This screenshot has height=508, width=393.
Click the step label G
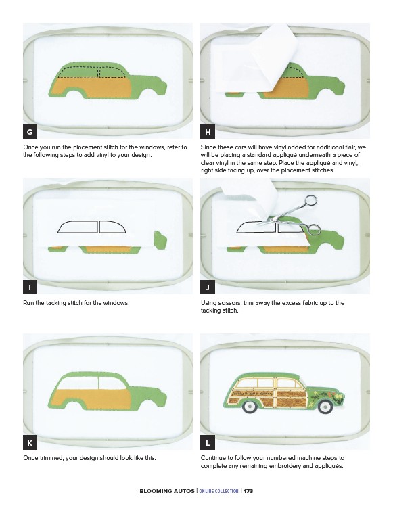(x=30, y=131)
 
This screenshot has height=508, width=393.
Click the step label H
(x=208, y=131)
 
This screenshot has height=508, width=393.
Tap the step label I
(x=30, y=287)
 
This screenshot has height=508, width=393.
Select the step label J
(x=208, y=287)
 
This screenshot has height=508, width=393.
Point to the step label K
(x=30, y=442)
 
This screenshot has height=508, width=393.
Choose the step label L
(x=208, y=442)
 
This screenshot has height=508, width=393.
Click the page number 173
(x=248, y=491)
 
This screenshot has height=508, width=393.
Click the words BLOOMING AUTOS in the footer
(x=167, y=491)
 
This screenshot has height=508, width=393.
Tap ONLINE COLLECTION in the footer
(x=218, y=491)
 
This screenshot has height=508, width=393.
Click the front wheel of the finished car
(x=325, y=407)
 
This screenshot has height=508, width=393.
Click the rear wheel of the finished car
(x=249, y=407)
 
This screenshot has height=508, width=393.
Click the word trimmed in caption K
(x=51, y=458)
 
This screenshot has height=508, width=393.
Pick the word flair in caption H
(x=353, y=147)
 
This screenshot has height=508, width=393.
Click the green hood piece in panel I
(x=160, y=240)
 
